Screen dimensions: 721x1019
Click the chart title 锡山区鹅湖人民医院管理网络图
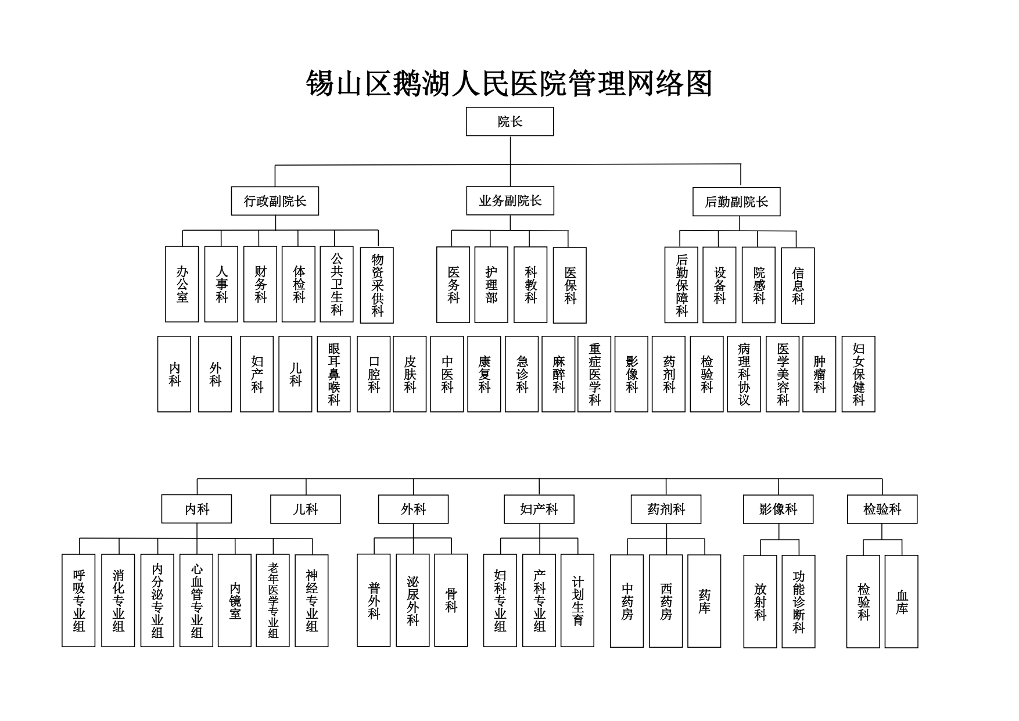click(509, 84)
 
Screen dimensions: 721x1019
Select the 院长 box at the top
click(509, 121)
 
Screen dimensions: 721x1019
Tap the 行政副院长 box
click(275, 201)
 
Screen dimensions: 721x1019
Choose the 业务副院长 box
click(509, 201)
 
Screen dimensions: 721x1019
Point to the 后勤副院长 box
click(736, 202)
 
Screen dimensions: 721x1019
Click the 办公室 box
click(182, 284)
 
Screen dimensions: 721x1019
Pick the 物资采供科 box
click(376, 285)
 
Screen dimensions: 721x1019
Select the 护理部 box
click(491, 285)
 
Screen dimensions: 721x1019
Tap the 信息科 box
click(798, 285)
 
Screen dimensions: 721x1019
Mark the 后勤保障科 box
click(681, 285)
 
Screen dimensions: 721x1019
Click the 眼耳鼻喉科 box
click(333, 374)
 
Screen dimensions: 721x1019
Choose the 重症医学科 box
click(594, 374)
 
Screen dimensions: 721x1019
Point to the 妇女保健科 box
click(858, 374)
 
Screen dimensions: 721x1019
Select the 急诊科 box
click(522, 374)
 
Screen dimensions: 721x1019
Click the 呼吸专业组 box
click(78, 600)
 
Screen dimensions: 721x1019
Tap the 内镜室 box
click(235, 600)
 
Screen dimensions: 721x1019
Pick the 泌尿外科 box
click(412, 600)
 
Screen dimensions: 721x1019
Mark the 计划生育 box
click(577, 600)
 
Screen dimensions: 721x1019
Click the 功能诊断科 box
click(798, 601)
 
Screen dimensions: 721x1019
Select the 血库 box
click(901, 601)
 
